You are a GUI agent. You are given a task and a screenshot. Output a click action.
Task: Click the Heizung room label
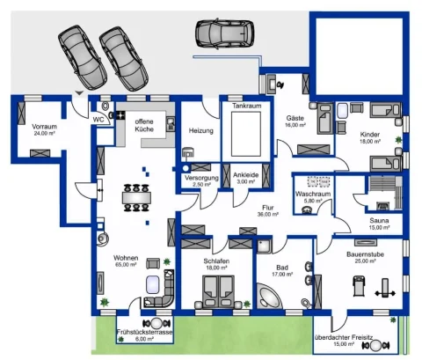click(201, 130)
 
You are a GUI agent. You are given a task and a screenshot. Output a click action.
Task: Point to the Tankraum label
click(248, 106)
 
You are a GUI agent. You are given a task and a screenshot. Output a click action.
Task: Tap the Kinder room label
click(370, 134)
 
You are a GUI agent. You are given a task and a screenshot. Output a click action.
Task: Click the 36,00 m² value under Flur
click(268, 214)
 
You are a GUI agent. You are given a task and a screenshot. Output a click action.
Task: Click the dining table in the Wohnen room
click(136, 196)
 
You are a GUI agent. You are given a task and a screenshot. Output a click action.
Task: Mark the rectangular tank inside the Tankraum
click(247, 133)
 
